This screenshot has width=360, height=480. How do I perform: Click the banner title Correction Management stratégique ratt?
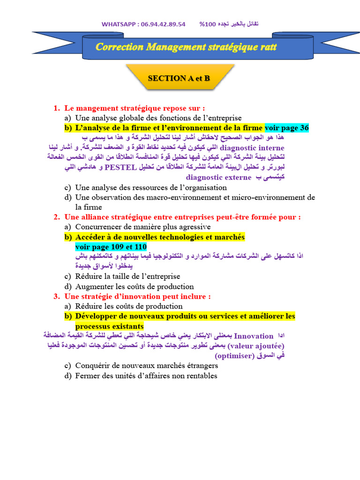pos(186,47)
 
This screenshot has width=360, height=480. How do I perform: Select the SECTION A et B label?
pos(179,78)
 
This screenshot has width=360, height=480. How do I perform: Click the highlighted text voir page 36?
pos(287,128)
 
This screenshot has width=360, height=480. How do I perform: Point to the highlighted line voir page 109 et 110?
pos(111,247)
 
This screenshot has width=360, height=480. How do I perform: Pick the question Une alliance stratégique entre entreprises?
pos(182,217)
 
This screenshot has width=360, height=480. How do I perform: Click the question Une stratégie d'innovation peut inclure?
pos(137,296)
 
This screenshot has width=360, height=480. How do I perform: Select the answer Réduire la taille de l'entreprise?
pos(127,277)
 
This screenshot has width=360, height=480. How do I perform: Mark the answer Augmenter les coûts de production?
pos(134,286)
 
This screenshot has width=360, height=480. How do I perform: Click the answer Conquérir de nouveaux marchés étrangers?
pos(146,366)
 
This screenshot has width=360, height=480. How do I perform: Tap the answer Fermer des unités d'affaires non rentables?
pos(146,375)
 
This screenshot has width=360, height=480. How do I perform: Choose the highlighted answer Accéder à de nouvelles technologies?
pos(160,237)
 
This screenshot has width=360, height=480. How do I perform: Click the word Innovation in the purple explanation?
pos(253,336)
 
